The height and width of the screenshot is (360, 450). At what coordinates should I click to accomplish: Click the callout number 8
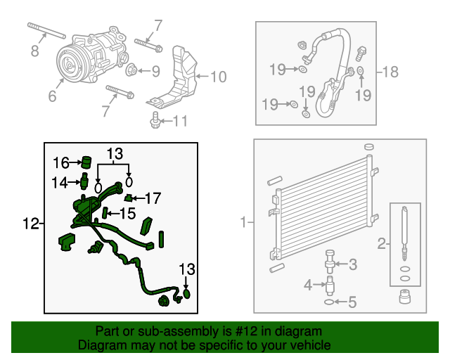click(x=34, y=51)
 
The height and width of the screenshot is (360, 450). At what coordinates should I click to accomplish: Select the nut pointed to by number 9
click(x=131, y=70)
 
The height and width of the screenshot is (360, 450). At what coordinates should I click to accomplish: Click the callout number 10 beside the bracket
click(x=219, y=77)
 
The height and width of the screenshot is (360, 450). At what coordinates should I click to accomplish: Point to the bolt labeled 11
click(x=155, y=120)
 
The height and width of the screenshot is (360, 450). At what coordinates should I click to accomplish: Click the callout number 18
click(x=390, y=72)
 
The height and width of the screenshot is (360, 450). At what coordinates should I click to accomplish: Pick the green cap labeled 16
click(x=86, y=162)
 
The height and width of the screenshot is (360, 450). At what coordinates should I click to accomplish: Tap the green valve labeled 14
click(x=84, y=181)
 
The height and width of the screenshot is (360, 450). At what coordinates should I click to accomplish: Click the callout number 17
click(x=153, y=198)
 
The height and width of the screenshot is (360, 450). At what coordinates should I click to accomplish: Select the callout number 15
click(x=127, y=213)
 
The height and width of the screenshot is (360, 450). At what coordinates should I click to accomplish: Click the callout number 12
click(x=30, y=224)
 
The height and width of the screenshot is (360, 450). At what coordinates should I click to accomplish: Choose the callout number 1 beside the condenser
click(x=243, y=222)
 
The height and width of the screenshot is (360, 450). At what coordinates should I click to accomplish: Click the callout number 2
click(x=381, y=244)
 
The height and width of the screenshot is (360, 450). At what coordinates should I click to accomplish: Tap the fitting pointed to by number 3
click(x=330, y=262)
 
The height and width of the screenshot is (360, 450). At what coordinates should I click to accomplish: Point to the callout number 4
click(x=308, y=285)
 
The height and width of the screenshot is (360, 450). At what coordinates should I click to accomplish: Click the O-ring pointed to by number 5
click(x=328, y=302)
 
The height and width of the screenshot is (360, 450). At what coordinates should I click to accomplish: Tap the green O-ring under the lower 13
click(x=186, y=294)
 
